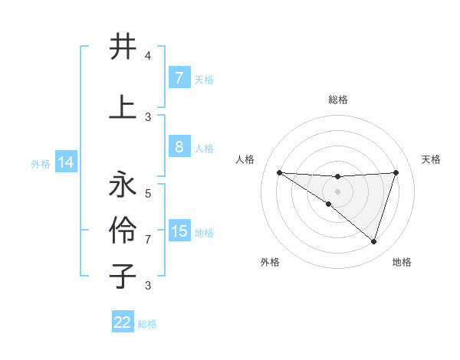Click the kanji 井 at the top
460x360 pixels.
123,47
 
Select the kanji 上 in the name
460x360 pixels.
123,107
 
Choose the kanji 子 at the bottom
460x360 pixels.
123,277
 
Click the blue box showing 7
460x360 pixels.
179,78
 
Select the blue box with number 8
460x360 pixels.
179,147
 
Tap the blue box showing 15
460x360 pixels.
179,231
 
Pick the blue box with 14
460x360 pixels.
65,162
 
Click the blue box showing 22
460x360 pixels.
123,322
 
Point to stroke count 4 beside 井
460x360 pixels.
148,56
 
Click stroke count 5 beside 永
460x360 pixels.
148,193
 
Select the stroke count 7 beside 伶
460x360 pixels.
148,239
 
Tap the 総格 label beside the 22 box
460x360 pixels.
147,324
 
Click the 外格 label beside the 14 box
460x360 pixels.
40,164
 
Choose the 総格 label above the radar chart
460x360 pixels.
337,100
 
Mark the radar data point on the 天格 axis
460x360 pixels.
396,172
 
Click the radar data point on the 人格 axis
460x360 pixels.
279,172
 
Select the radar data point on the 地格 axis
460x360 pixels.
374,241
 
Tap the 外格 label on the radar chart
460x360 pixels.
270,262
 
